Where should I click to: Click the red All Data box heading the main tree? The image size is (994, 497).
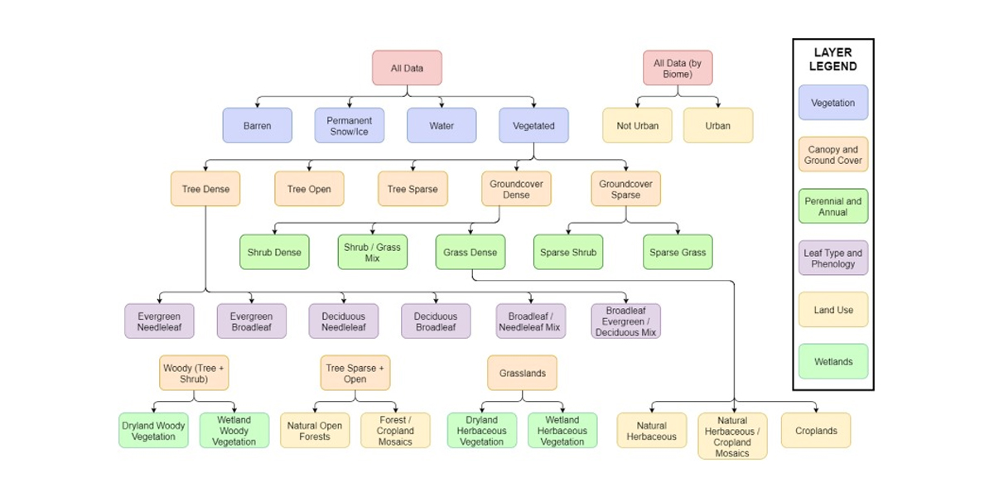407,68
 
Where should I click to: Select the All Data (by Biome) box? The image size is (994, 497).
677,68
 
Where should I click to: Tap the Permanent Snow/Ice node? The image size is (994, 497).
349,126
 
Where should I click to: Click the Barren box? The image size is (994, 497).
257,126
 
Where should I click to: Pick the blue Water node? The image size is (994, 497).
441,126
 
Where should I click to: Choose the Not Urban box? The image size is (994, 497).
636,126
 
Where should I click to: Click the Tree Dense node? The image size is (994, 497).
205,189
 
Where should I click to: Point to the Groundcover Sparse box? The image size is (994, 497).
625,189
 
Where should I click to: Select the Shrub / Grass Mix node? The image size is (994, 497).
372,252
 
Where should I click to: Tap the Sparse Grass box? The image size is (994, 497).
677,252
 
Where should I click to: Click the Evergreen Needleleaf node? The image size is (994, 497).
159,321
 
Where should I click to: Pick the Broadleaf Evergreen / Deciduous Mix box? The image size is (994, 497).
625,321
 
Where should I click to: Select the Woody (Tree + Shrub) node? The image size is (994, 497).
194,373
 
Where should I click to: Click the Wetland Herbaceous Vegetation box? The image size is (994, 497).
562,431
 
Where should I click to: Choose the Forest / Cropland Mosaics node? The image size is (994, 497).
395,431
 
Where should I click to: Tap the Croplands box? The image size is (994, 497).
816,431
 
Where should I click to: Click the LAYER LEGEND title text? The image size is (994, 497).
832,60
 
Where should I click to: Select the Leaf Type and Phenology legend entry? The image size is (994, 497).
832,258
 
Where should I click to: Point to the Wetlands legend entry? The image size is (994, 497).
832,362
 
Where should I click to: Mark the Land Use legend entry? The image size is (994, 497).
832,310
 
